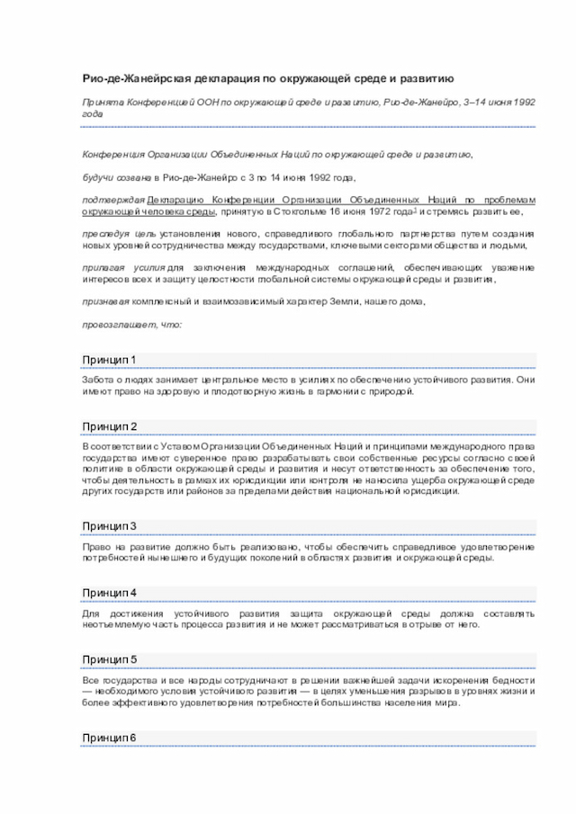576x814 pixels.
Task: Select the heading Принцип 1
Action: coord(109,361)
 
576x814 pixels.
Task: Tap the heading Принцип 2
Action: coord(109,425)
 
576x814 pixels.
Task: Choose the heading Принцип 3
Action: coord(109,525)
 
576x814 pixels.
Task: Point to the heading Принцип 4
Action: coord(109,593)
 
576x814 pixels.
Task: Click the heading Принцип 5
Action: coord(109,659)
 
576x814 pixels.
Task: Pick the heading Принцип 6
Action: coord(109,738)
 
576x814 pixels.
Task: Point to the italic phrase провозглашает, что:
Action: coord(131,324)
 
